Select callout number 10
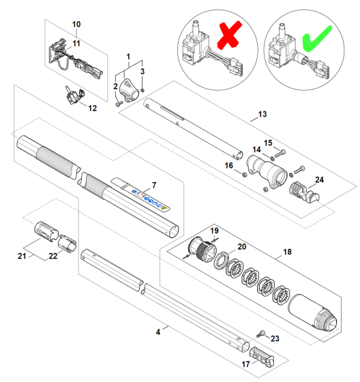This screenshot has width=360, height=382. pos(76,25)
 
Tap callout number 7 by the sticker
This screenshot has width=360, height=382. pos(154,185)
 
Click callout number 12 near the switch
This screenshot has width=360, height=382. pos(93,108)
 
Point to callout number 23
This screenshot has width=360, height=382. pos(275,338)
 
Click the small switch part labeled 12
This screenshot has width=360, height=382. pos(73,97)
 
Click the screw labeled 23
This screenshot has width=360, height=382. pos(261,332)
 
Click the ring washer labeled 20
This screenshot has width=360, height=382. pos(222,260)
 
